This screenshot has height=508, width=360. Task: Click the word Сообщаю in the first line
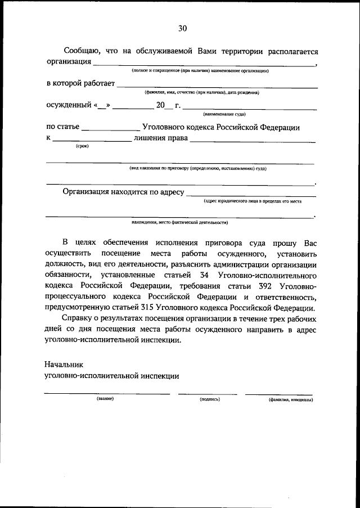(x=83, y=51)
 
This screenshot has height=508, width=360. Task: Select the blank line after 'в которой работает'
(x=217, y=86)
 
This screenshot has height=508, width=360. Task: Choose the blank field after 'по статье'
(x=110, y=129)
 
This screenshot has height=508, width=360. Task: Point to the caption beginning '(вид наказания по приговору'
(x=197, y=168)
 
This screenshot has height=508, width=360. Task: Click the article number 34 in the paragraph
(x=205, y=276)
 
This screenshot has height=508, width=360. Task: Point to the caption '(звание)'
(x=105, y=399)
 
